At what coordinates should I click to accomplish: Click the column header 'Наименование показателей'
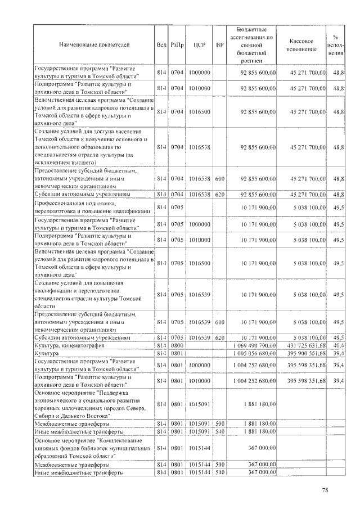[x=93, y=43]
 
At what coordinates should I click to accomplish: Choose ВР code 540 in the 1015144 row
[x=219, y=473]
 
